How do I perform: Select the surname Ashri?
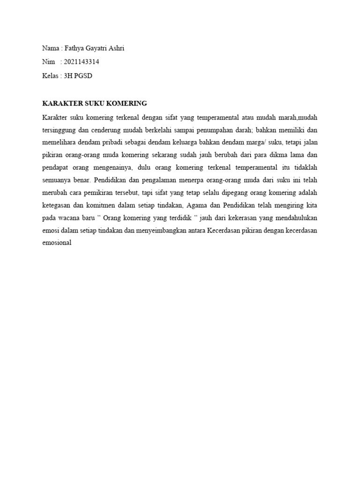pos(115,48)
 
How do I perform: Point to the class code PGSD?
pos(83,75)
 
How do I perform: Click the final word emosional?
pos(56,243)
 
